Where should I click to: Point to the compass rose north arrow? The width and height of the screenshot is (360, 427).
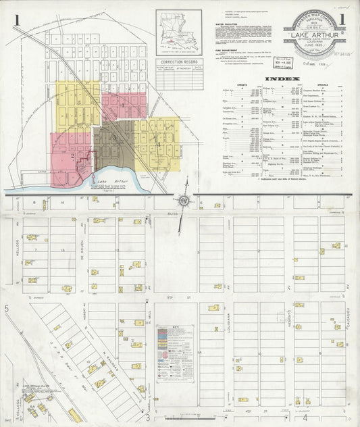pos(182,201)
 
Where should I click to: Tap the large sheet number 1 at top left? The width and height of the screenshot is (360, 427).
pos(16,20)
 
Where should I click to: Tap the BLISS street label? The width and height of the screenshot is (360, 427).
pos(172,212)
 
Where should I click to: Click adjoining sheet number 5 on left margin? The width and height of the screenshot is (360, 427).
pos(7,309)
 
